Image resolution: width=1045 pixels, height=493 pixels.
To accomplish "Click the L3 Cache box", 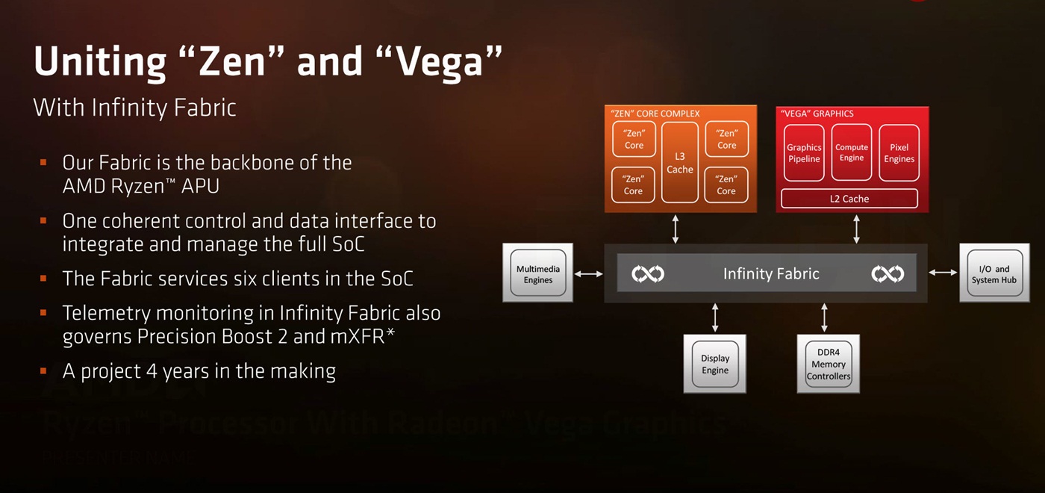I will tap(680, 162).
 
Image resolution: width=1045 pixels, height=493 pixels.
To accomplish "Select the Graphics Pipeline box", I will tap(804, 152).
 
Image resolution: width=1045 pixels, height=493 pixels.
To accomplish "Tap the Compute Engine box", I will tap(852, 152).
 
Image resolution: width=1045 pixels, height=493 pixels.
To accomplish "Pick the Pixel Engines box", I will tap(899, 152).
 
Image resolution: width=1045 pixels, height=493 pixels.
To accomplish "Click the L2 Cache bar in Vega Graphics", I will tap(849, 199).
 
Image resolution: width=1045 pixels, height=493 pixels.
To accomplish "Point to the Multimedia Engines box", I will tap(537, 273).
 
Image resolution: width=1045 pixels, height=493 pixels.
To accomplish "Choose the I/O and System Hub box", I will tap(993, 274).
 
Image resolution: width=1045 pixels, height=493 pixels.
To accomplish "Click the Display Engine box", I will tap(715, 364).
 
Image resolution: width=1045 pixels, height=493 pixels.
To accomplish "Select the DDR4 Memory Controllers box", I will tap(829, 364).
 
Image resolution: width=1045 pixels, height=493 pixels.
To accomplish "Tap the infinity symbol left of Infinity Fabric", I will tap(648, 274).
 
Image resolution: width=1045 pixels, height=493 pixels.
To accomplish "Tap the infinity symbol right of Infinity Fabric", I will tap(888, 274).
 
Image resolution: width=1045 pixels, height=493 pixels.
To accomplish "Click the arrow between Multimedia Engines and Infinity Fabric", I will tap(589, 274).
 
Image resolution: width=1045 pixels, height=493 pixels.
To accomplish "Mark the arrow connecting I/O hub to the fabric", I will tap(943, 273).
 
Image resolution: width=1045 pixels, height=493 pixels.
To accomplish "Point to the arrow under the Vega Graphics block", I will tap(856, 229).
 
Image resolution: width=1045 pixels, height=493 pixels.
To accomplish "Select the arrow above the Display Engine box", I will tap(715, 317).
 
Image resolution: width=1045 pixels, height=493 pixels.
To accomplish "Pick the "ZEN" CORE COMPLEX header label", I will tap(655, 114).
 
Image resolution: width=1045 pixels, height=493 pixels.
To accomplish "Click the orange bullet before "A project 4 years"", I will tap(44, 370).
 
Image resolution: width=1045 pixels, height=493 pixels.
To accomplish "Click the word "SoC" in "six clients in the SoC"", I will tap(392, 279).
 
